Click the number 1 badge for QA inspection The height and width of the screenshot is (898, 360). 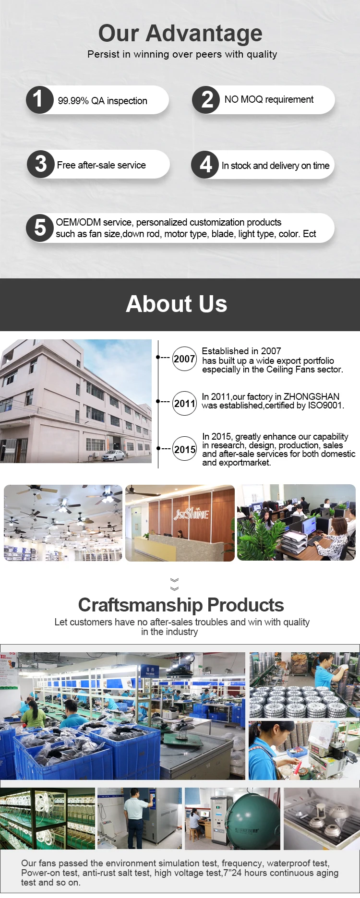(39, 100)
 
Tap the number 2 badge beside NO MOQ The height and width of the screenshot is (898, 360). (206, 100)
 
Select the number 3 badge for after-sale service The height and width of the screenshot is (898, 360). (41, 164)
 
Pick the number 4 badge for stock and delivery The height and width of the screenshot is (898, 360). (205, 165)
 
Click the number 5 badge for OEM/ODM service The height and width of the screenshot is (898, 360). (40, 227)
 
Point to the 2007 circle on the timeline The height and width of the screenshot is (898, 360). (184, 359)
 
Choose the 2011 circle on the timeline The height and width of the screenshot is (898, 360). (184, 403)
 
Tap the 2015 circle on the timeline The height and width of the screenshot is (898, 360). (185, 449)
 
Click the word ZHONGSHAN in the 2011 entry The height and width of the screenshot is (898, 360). (312, 396)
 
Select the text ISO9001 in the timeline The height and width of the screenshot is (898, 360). (325, 406)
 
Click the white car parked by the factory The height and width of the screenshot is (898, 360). (113, 455)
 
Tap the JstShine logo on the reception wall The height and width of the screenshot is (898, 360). (191, 514)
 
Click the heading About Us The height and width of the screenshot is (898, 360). (177, 304)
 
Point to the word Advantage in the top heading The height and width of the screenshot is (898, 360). (204, 34)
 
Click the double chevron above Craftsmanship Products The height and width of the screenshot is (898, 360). (175, 584)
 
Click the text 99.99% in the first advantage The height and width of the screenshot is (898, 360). (73, 101)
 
